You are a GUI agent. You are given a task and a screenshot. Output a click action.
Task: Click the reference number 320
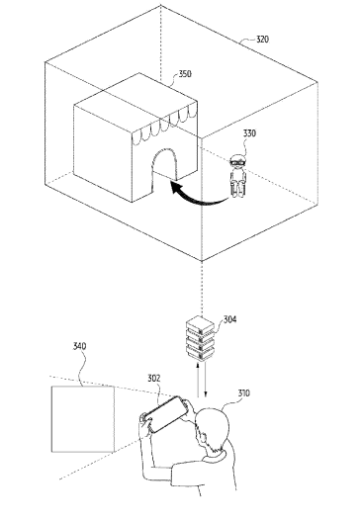click(x=262, y=40)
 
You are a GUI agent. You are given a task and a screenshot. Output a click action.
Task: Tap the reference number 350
click(x=185, y=73)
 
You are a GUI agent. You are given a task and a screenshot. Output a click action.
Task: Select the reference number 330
click(x=249, y=133)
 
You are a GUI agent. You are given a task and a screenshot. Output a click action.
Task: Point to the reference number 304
click(x=229, y=319)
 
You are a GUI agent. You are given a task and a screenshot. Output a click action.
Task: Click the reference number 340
click(x=79, y=346)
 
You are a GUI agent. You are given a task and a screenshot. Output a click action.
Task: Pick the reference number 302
click(x=154, y=379)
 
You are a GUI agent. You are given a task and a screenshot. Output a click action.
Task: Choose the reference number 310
click(x=243, y=393)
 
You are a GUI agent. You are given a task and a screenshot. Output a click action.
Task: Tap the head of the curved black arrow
click(x=176, y=188)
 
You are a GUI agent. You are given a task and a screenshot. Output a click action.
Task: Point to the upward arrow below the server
click(x=198, y=381)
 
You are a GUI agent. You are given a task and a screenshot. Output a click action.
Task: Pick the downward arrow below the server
click(x=206, y=380)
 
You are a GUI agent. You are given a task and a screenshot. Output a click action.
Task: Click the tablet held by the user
click(x=166, y=414)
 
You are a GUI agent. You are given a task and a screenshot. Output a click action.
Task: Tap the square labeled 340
click(x=83, y=419)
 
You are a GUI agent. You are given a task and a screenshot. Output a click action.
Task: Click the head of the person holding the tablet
click(x=214, y=428)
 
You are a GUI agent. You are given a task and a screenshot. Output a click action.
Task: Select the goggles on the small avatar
click(x=238, y=163)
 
